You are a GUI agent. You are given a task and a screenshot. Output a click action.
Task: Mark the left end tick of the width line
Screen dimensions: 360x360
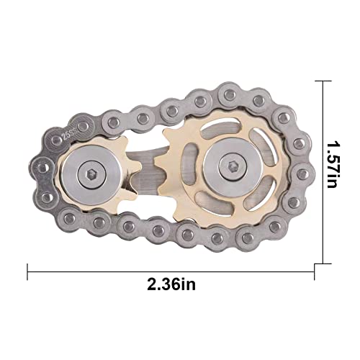[x=28, y=271]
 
